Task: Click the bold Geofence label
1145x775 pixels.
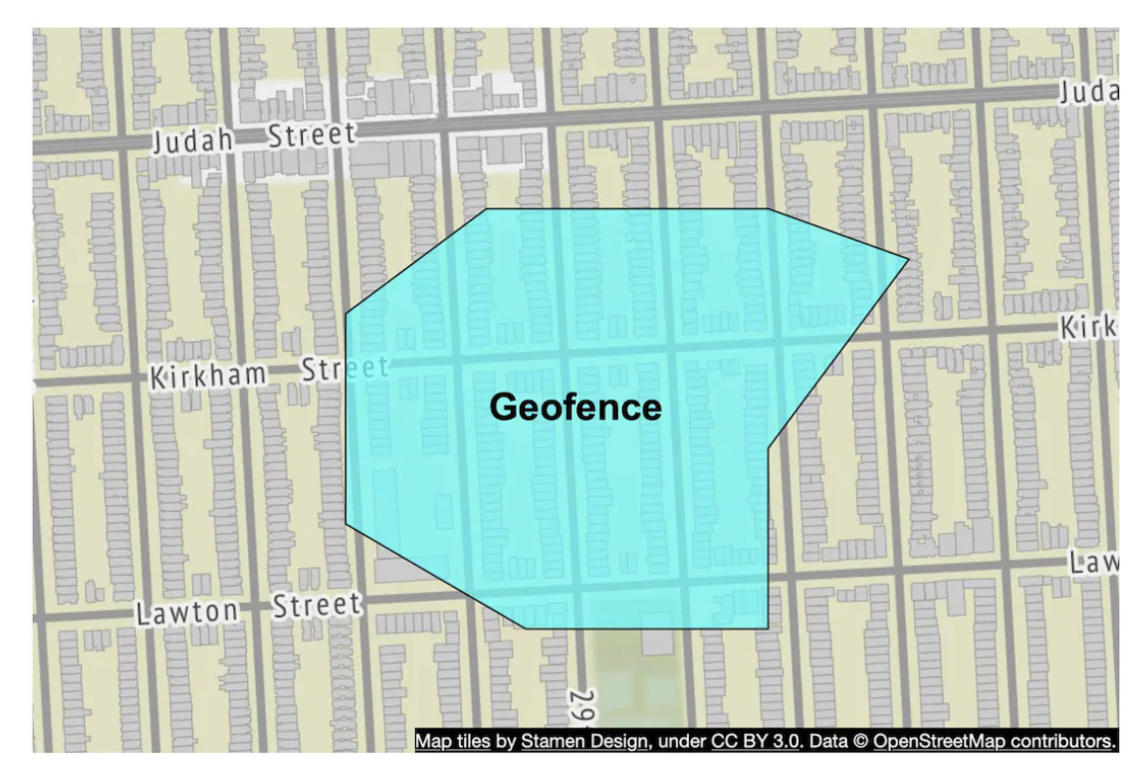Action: tap(575, 406)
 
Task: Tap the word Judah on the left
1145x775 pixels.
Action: tap(192, 140)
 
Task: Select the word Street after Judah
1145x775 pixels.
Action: tap(311, 134)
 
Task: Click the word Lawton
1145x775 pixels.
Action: tap(187, 612)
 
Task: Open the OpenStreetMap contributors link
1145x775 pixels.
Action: tap(994, 741)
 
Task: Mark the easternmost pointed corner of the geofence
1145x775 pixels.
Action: tap(908, 259)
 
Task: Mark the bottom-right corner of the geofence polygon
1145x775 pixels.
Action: tap(767, 629)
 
